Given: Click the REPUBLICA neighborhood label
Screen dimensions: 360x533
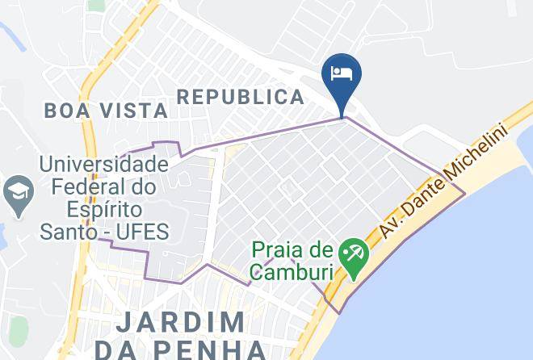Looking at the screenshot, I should click(x=241, y=98).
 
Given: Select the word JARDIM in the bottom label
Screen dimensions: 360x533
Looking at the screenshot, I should click(x=182, y=323).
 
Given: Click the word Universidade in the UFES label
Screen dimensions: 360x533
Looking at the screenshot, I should click(x=104, y=165).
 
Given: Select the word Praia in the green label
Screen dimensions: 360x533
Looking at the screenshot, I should click(x=279, y=250).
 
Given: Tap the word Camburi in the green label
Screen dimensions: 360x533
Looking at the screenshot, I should click(x=291, y=272).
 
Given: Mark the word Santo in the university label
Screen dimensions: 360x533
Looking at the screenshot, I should click(x=67, y=233).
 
